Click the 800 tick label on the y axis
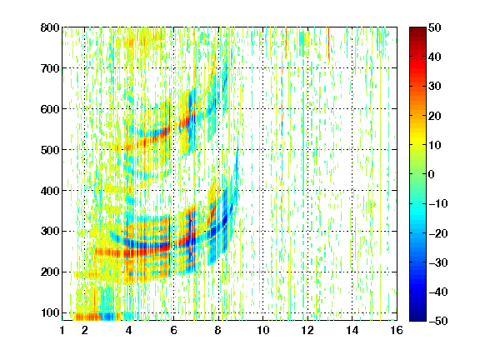pos(50,27)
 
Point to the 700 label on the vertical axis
pos(50,68)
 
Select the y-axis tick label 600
pos(50,109)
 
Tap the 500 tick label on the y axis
pos(50,150)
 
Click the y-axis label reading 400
pos(50,191)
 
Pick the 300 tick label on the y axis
pos(50,232)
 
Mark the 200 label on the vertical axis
pos(50,272)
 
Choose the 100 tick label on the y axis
pos(50,312)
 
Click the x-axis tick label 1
pos(62,330)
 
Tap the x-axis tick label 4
pos(129,330)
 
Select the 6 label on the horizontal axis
pos(173,330)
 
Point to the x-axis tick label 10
pos(263,330)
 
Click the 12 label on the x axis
pos(307,330)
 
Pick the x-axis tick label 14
pos(352,330)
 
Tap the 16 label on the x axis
pos(397,330)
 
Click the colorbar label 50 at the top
pos(435,27)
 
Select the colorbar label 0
pos(432,174)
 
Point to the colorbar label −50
pos(438,321)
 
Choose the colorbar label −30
pos(438,262)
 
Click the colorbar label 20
pos(435,116)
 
